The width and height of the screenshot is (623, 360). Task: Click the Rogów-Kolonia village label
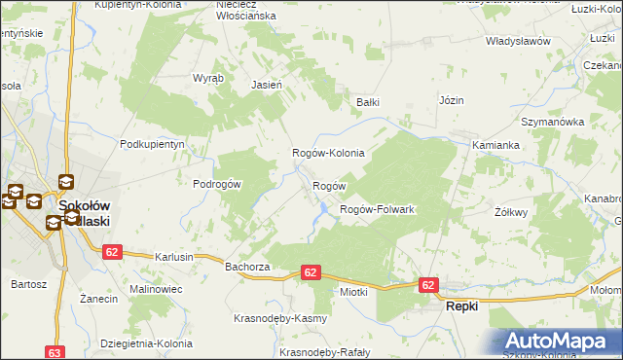click(x=328, y=154)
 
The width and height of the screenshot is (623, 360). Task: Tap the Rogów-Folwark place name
click(x=377, y=210)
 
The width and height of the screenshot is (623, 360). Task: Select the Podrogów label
click(x=216, y=184)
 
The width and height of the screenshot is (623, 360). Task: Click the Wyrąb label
click(x=208, y=78)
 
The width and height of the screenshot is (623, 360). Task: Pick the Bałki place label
click(x=367, y=101)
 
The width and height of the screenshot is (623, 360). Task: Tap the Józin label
click(x=452, y=100)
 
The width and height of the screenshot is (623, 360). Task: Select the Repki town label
click(x=461, y=306)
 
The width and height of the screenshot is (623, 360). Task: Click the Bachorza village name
click(x=245, y=266)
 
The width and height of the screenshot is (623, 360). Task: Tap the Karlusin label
click(x=174, y=257)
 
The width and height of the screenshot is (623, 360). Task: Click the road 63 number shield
click(x=55, y=353)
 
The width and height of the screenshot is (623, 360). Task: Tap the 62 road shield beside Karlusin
click(x=112, y=252)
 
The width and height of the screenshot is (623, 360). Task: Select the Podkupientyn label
click(x=152, y=144)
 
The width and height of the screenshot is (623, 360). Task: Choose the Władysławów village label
click(x=518, y=42)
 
